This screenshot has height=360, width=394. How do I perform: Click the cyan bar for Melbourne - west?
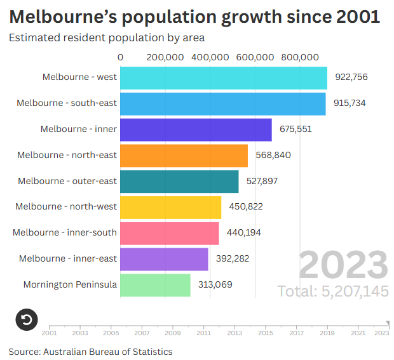pyautogui.click(x=224, y=77)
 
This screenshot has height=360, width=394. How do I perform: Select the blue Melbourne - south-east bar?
pyautogui.click(x=222, y=103)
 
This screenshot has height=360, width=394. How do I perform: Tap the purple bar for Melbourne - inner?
pyautogui.click(x=196, y=130)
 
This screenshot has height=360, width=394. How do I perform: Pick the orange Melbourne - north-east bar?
pyautogui.click(x=184, y=156)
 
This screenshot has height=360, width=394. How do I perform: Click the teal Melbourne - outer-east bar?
pyautogui.click(x=179, y=182)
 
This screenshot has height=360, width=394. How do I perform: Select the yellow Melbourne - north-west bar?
pyautogui.click(x=170, y=207)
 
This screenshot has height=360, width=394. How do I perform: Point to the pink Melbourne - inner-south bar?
pyautogui.click(x=170, y=233)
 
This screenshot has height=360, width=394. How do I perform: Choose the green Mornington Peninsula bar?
pyautogui.click(x=155, y=285)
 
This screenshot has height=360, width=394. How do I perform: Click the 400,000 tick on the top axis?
pyautogui.click(x=210, y=57)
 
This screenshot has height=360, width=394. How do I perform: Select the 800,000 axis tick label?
pyautogui.click(x=300, y=57)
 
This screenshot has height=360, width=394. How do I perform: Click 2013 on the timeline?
pyautogui.click(x=234, y=332)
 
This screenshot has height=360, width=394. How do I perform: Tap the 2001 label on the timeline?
pyautogui.click(x=49, y=332)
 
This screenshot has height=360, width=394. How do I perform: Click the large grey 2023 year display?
pyautogui.click(x=343, y=265)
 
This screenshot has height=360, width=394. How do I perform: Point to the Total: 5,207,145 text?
pyautogui.click(x=332, y=291)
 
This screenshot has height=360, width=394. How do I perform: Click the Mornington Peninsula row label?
pyautogui.click(x=70, y=285)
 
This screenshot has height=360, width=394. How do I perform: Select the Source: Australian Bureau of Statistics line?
pyautogui.click(x=90, y=351)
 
